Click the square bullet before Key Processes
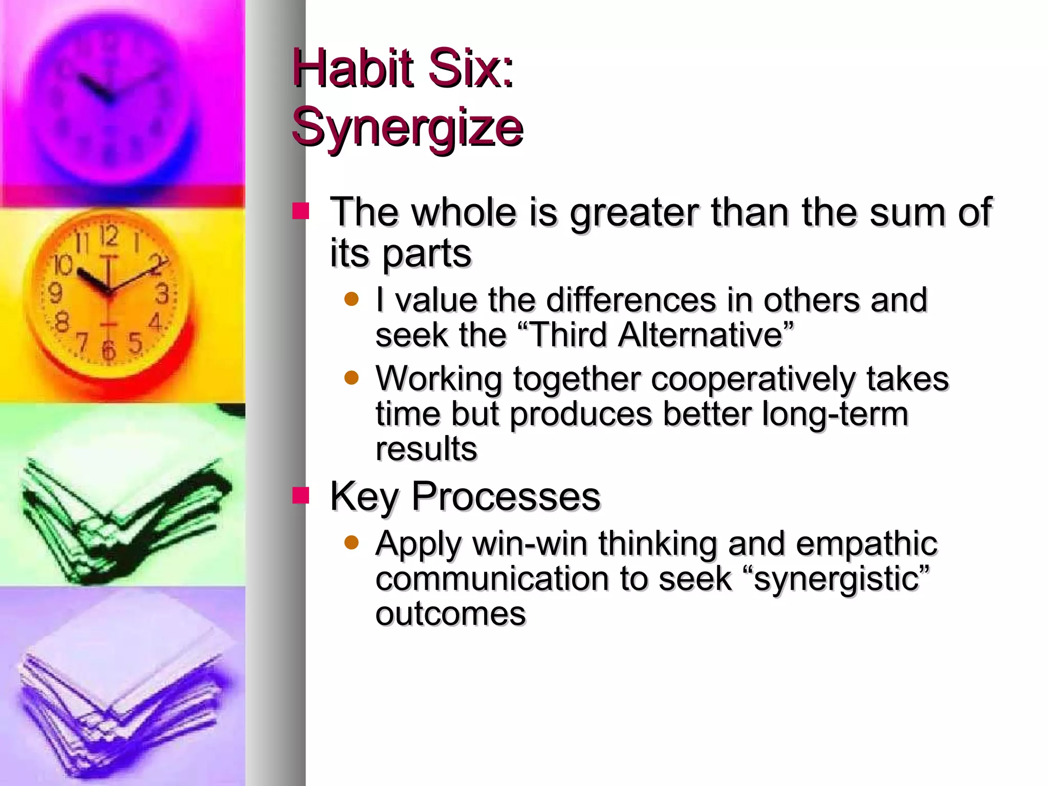pos(301,495)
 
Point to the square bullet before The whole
pos(301,211)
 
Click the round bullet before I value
pos(352,299)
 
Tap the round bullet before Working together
pos(352,378)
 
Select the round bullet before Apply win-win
pos(352,542)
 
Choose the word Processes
pos(506,496)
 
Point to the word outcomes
pos(450,614)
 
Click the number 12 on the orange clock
pos(108,236)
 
